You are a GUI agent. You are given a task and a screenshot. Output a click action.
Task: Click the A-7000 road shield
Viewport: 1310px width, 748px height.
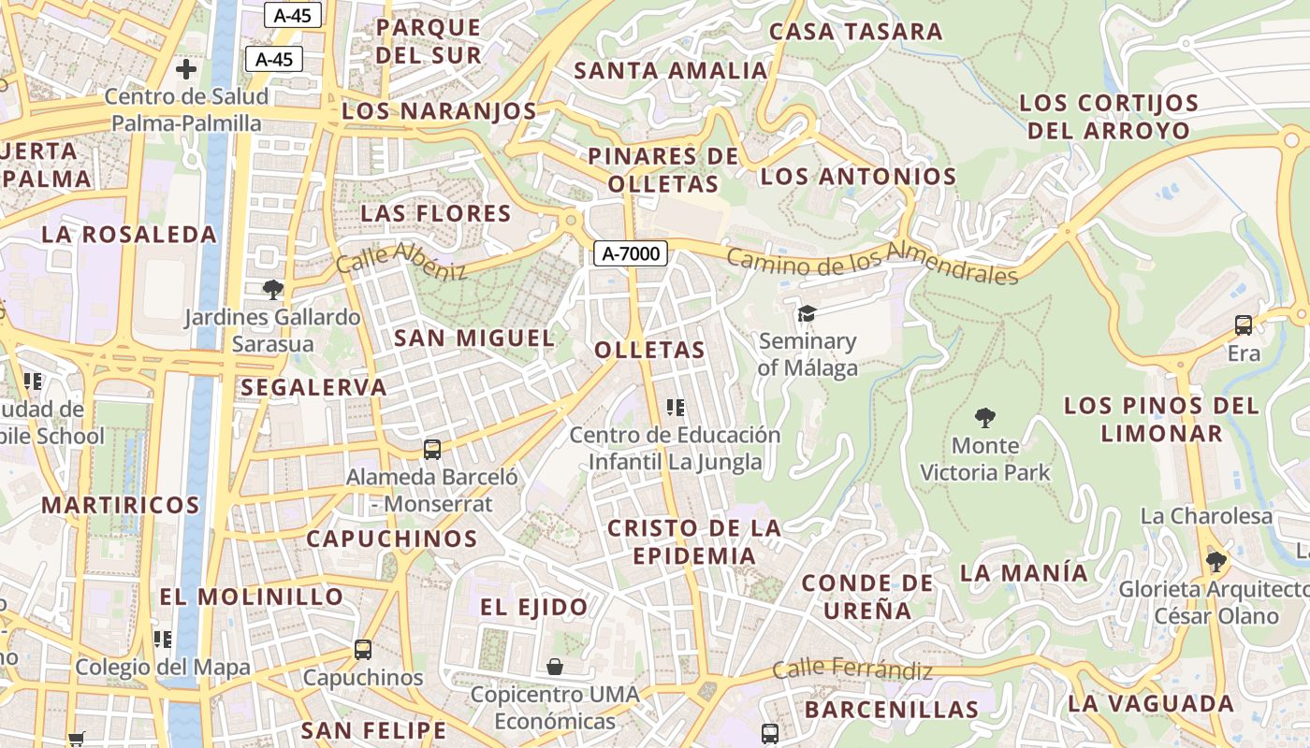coord(630,252)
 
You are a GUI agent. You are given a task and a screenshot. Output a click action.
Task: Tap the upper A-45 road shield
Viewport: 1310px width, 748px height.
coord(293,15)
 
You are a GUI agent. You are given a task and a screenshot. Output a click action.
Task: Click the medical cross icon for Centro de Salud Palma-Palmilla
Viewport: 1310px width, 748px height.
coord(186,68)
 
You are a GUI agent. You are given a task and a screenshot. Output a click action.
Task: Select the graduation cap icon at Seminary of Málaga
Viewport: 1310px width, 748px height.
coord(807,313)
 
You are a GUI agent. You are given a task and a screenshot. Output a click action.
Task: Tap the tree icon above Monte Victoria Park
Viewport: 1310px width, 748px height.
coord(984,417)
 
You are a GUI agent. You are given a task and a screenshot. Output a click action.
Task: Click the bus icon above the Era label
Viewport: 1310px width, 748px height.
coord(1244,325)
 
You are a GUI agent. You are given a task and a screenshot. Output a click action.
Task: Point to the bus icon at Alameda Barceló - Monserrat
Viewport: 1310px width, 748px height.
coord(432,449)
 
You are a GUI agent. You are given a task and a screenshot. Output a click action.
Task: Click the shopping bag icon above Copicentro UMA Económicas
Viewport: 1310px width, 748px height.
coord(555,666)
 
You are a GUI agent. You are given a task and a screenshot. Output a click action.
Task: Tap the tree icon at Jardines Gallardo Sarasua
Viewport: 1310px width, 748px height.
coord(272,289)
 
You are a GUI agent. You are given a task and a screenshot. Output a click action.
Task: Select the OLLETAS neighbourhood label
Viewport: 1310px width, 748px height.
coord(649,351)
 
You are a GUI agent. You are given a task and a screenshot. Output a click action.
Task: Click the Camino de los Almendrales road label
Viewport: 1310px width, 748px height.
coord(871,264)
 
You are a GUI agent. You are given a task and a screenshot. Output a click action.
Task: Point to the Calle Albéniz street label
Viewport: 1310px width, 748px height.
coord(401,261)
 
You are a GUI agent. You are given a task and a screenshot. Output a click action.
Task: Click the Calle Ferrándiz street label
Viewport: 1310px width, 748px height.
coord(852,670)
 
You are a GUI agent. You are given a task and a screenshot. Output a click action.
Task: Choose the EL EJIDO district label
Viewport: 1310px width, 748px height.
coord(534,607)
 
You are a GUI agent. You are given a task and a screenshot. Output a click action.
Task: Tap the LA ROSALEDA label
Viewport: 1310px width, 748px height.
coord(129,235)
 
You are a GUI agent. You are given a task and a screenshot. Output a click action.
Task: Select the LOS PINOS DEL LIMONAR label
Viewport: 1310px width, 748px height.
coord(1161,419)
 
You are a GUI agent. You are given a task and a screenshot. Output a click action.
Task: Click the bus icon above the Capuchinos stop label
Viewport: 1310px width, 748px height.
coord(363,649)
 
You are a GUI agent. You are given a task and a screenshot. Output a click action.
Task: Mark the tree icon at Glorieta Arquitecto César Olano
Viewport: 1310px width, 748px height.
coord(1215,561)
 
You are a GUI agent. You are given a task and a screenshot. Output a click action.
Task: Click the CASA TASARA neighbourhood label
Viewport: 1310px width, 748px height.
coord(855,32)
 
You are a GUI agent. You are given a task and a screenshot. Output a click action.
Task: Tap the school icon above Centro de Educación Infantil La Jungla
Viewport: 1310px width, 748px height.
coord(676,407)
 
